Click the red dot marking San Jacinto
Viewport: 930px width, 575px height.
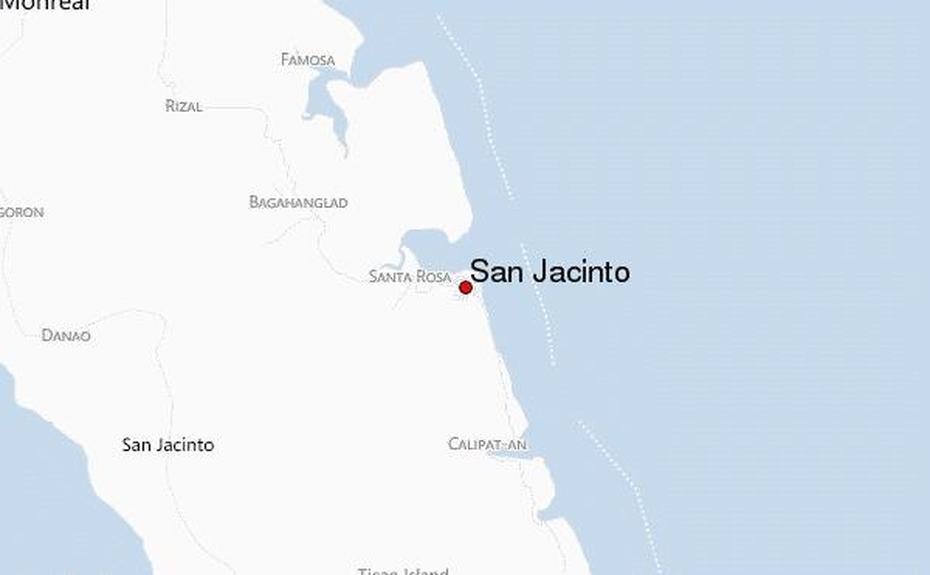(465, 287)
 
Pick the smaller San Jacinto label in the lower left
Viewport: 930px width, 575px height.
(167, 445)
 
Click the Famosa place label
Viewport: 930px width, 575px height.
(307, 60)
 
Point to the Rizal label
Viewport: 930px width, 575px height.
(183, 105)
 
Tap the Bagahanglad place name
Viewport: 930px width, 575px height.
(298, 202)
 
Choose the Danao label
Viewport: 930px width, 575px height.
(66, 335)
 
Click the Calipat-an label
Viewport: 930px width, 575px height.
(487, 444)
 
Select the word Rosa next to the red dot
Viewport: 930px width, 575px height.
(433, 276)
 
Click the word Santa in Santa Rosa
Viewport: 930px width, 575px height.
(390, 276)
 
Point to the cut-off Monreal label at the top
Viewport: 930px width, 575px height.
(46, 5)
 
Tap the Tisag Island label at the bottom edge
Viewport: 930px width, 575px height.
(403, 571)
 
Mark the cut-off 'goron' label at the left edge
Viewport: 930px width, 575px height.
(22, 212)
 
